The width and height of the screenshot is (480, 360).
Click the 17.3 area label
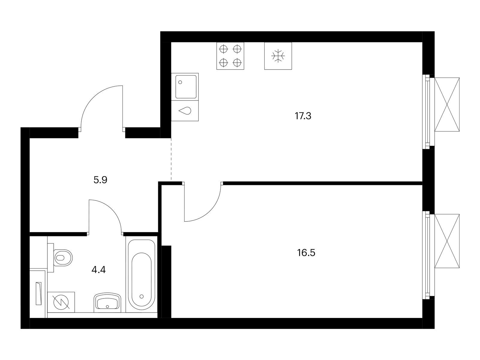coord(303,116)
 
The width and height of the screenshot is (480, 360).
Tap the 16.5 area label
coord(306,253)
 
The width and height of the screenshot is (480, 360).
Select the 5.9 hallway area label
coord(100,180)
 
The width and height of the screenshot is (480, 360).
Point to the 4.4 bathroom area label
coord(98,270)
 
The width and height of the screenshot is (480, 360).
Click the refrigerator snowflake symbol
coord(278,56)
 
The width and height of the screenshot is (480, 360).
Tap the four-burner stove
coord(230,56)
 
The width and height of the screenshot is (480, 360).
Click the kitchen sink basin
coord(186,87)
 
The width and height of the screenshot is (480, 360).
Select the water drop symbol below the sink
coord(185,111)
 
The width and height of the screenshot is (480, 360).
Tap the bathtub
coord(142,276)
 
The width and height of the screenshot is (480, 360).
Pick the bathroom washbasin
coord(107,302)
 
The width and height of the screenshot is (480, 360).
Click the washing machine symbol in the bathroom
coord(61,302)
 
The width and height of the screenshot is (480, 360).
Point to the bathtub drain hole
coord(142,296)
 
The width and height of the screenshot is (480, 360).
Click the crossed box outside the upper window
coord(447,104)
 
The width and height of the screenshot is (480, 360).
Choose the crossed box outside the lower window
coord(447,241)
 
